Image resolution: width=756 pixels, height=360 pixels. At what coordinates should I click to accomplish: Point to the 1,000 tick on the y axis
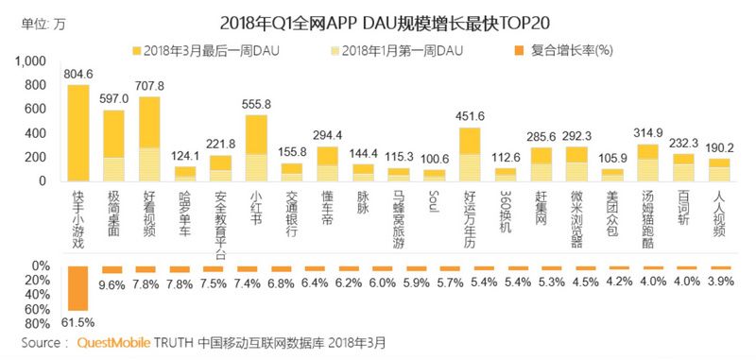[30, 61]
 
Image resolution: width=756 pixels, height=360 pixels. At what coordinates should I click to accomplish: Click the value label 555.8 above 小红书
[256, 105]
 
